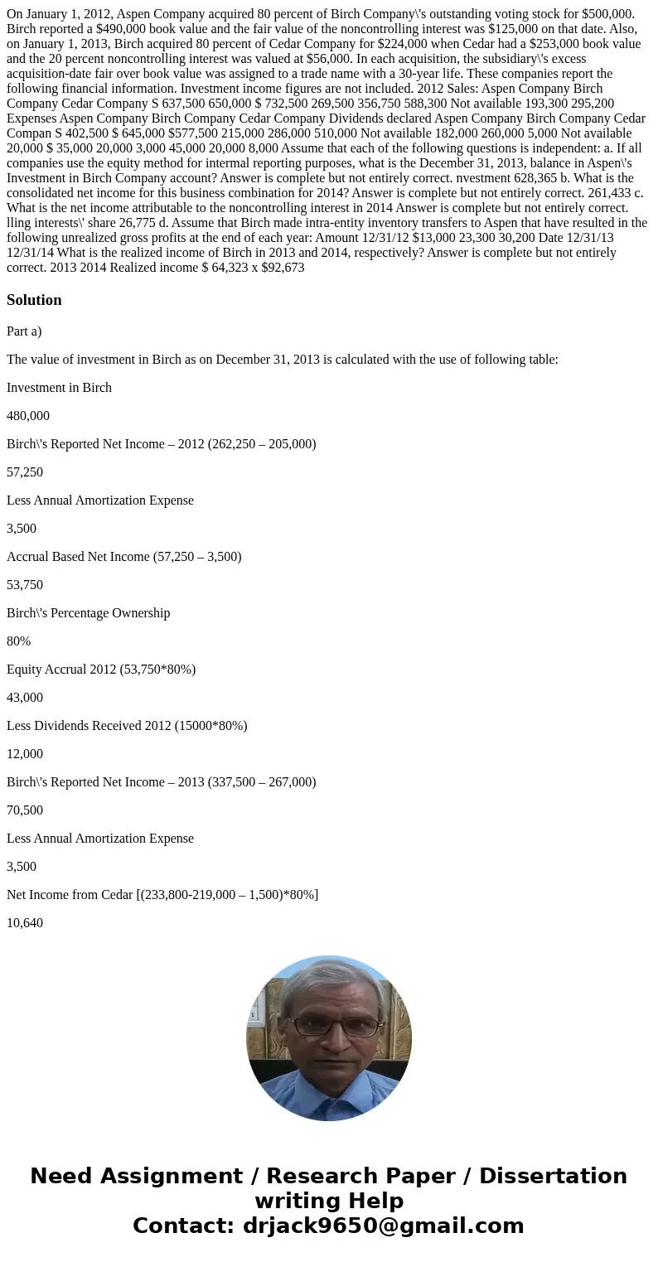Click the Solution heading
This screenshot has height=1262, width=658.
click(x=34, y=300)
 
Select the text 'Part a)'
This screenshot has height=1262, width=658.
click(x=24, y=331)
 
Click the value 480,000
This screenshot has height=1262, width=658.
click(x=28, y=416)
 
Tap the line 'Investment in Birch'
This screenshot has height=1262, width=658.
click(x=59, y=388)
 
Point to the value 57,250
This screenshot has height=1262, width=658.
click(x=25, y=472)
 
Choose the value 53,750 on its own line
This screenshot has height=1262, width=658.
click(x=25, y=585)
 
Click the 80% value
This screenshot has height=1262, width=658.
click(x=19, y=641)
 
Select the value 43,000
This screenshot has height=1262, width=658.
click(x=25, y=698)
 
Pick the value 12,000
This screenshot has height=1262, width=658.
click(x=25, y=754)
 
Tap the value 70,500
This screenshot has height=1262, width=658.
click(x=25, y=810)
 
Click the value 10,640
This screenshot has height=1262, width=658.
click(x=25, y=923)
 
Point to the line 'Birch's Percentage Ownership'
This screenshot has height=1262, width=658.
click(x=89, y=613)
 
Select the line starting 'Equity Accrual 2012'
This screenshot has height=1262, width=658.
click(x=101, y=670)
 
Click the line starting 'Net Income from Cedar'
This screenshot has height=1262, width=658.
click(x=162, y=895)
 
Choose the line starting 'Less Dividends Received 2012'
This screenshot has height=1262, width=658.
click(x=127, y=726)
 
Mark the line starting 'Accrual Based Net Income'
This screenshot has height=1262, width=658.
click(x=124, y=557)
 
